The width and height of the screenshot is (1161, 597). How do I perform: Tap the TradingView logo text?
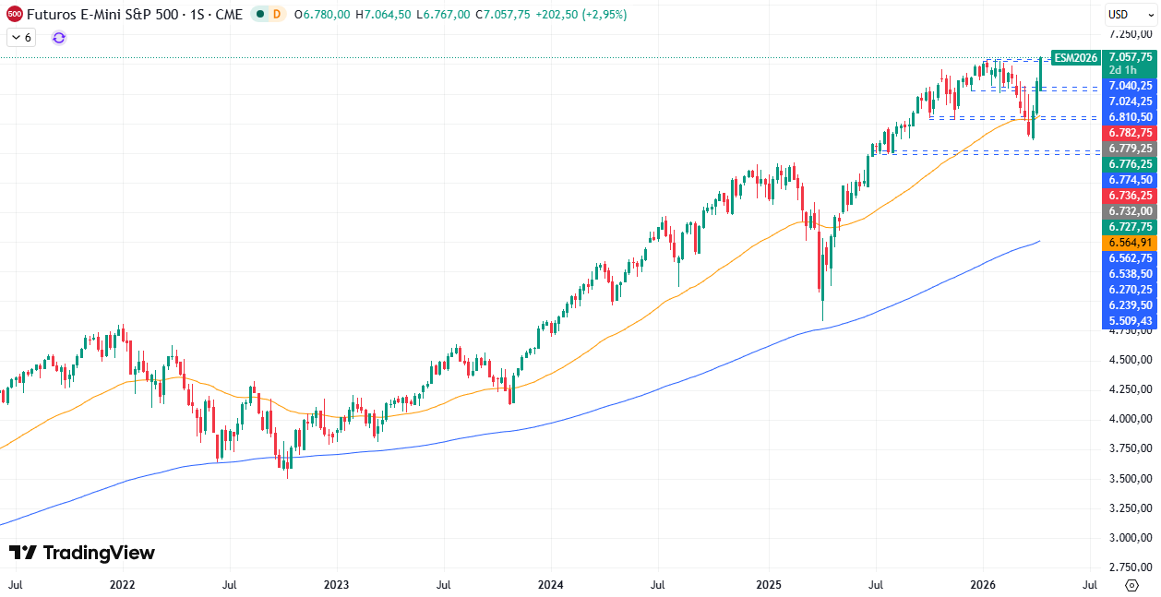click(x=83, y=553)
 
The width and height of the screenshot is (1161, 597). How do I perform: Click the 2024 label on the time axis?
click(x=550, y=584)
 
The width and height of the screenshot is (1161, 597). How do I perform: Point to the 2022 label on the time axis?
click(x=123, y=584)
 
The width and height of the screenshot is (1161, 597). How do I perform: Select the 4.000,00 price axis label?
click(x=1131, y=419)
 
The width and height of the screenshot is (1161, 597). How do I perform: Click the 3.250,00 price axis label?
click(x=1131, y=508)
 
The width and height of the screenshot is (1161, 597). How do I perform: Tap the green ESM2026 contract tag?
click(x=1076, y=57)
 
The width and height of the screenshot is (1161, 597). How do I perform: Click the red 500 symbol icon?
click(x=14, y=14)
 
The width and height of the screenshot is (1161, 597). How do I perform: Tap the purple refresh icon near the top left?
click(x=59, y=37)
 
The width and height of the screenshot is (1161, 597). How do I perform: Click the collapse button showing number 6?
click(x=20, y=37)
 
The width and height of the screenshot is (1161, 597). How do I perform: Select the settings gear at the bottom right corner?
click(x=1131, y=585)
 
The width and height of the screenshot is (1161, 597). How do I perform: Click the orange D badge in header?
click(x=278, y=14)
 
